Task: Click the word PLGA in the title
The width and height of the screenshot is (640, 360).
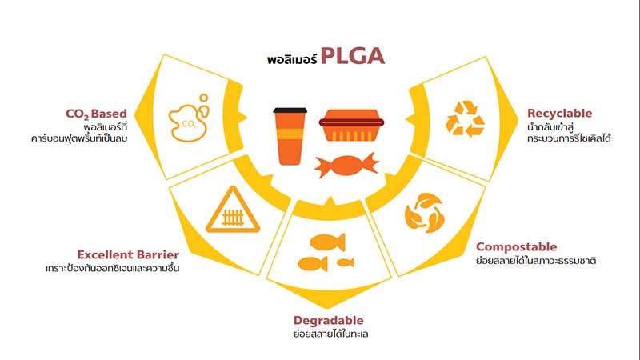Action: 353,56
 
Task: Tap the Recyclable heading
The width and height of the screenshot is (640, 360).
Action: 559,113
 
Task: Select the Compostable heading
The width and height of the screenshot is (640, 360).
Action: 516,247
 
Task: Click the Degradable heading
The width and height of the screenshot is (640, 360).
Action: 328,321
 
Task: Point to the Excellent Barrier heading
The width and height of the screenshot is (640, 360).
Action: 128,254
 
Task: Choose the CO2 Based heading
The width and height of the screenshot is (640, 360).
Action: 96,114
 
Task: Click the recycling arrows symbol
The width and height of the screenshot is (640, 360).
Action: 465,118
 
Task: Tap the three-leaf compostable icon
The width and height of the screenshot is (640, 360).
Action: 425,213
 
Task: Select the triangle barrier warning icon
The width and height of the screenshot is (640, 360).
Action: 233,210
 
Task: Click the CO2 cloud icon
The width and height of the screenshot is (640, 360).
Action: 189,118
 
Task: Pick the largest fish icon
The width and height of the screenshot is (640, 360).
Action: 328,242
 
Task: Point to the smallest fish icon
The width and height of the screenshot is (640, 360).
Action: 346,262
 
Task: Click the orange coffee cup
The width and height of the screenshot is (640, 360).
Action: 290,136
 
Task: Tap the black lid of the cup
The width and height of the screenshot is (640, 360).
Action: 290,110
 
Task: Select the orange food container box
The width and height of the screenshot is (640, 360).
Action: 351,125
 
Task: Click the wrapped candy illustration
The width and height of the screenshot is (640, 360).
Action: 346,166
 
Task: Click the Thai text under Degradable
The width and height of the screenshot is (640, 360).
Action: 330,334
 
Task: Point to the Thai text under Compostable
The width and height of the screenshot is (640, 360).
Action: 536,261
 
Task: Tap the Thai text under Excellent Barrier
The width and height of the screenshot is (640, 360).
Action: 113,268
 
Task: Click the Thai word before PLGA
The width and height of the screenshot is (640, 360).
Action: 292,59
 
